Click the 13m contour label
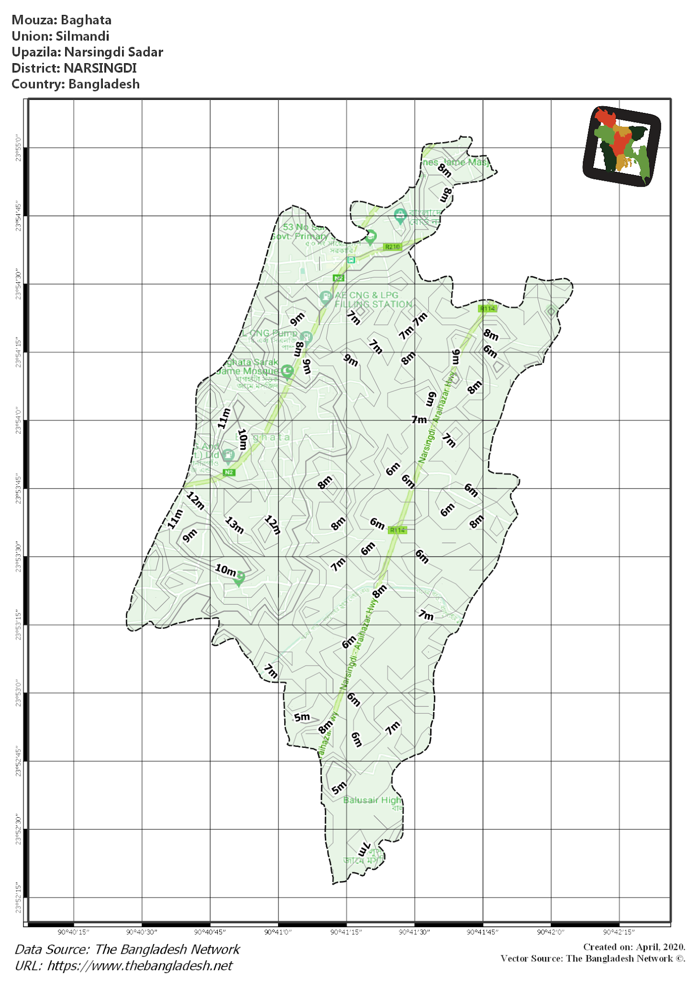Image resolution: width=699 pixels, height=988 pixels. tap(235, 525)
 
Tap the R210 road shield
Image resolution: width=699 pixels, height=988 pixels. tap(392, 247)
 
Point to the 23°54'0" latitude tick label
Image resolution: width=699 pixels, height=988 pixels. tap(18, 421)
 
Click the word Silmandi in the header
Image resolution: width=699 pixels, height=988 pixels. tap(83, 36)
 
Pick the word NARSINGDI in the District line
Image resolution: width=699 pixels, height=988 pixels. tap(100, 68)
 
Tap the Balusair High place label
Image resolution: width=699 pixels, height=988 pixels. tap(372, 800)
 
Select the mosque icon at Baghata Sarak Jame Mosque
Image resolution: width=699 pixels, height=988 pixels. tap(288, 371)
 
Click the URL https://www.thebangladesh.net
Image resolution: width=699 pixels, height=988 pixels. tap(140, 965)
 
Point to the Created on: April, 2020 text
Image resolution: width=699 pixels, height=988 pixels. tap(634, 947)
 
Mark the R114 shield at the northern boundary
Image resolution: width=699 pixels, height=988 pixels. tap(487, 308)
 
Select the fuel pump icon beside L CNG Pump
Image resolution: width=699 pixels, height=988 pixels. tap(306, 337)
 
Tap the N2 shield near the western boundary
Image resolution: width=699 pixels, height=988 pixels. tap(229, 472)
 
